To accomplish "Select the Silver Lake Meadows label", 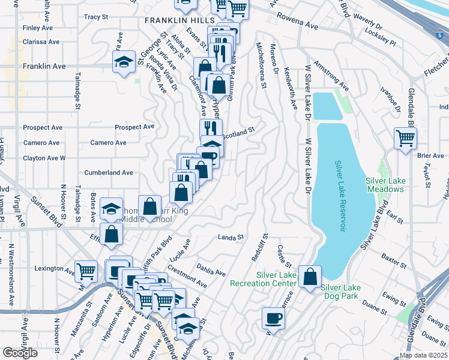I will click(x=385, y=185).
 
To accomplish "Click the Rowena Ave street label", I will click(x=296, y=26).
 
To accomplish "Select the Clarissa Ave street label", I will click(x=41, y=43).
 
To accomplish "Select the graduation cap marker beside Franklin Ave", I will click(x=124, y=62).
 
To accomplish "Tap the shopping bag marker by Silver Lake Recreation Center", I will click(x=310, y=277).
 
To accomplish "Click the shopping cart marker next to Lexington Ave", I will click(x=86, y=271).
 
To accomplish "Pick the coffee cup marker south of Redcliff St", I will click(x=273, y=318).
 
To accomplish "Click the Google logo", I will click(x=20, y=353).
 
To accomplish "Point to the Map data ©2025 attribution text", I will click(x=423, y=355).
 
